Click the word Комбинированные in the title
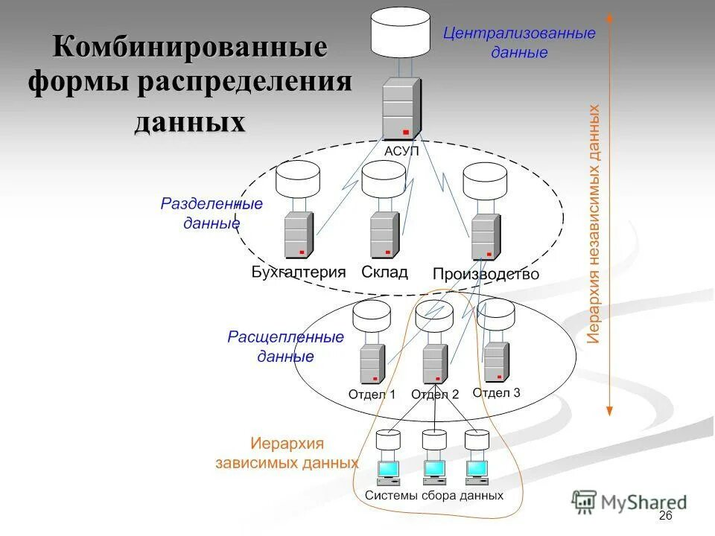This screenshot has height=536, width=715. [190, 47]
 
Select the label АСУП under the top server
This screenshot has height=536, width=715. [402, 151]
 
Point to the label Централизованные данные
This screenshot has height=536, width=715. [519, 43]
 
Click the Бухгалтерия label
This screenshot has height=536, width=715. [299, 272]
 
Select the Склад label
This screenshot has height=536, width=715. [384, 272]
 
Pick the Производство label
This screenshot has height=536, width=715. [486, 274]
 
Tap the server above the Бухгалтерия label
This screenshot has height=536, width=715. [298, 235]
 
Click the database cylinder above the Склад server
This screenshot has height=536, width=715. [383, 180]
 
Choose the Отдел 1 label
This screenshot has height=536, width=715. [372, 395]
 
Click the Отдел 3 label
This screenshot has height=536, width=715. [497, 392]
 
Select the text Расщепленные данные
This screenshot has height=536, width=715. [285, 347]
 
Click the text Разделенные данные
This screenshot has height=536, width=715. [212, 213]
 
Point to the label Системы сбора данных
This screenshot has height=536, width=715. [434, 495]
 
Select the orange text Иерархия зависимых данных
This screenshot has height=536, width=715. [287, 453]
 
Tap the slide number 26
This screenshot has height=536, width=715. [665, 517]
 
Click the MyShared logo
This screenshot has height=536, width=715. [630, 502]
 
